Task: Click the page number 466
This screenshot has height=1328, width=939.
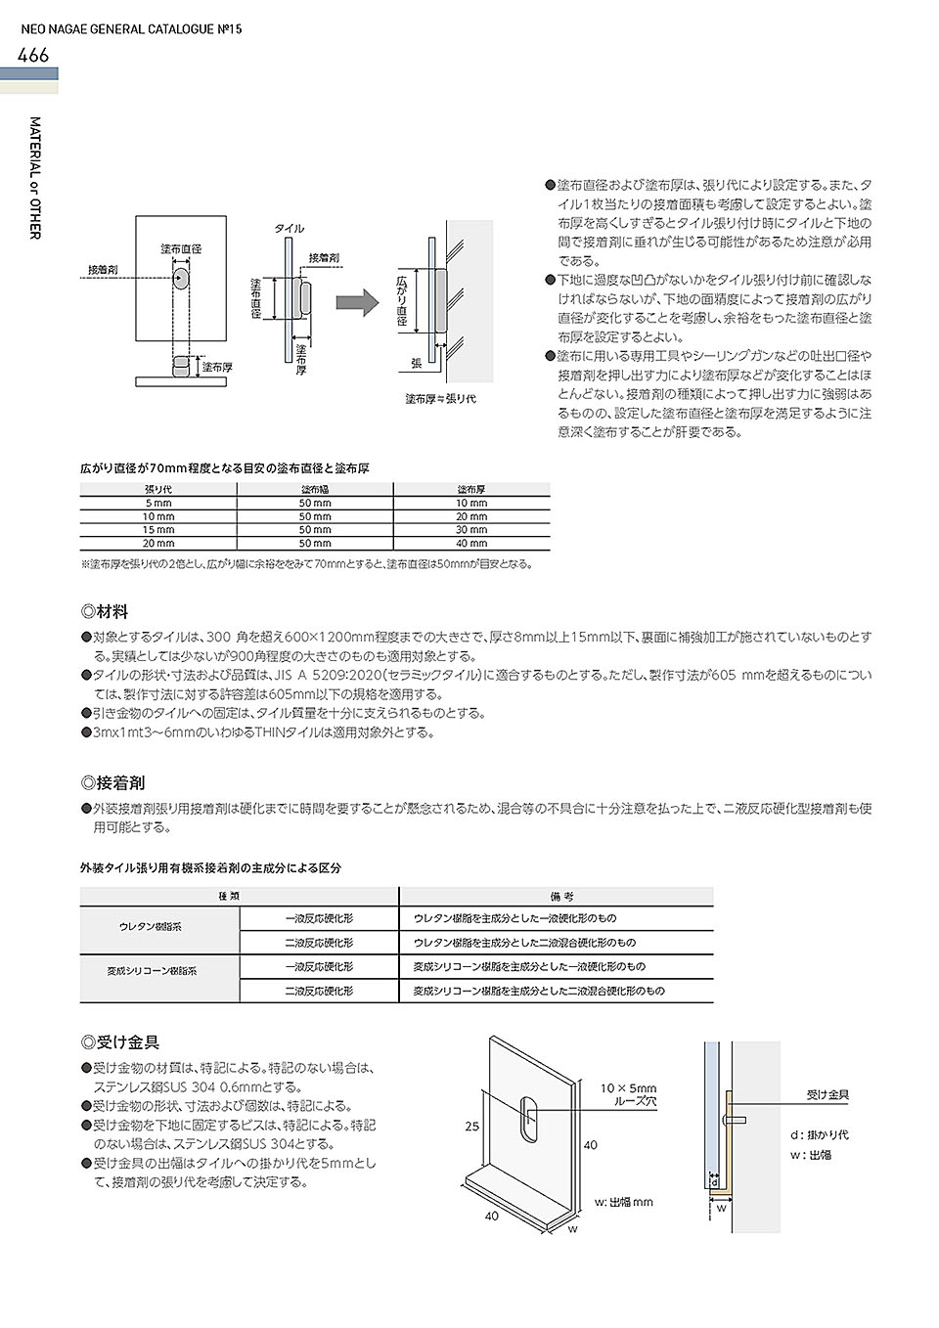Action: coord(33,56)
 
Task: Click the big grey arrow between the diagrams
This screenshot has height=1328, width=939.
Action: coord(357,302)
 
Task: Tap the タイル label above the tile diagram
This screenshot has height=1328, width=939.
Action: coord(289,228)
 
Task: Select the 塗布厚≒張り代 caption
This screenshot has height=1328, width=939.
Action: coord(440,399)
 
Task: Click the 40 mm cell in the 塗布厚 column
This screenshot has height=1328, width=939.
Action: coord(471,543)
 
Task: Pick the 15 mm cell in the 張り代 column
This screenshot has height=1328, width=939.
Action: coord(158,530)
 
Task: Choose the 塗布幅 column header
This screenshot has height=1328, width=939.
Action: coord(315,489)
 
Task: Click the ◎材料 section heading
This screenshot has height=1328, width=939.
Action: coord(105,612)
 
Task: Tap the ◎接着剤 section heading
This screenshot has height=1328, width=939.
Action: coord(112,782)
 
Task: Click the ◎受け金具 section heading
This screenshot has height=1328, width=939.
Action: coord(120,1042)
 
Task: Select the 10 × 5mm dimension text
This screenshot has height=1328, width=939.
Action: coord(628,1088)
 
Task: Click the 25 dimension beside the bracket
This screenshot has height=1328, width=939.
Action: coord(472,1128)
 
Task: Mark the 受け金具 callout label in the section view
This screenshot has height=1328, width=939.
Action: coord(827,1095)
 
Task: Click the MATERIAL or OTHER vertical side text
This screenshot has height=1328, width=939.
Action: coord(35,179)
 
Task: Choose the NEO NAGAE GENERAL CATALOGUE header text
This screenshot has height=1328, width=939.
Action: coord(132,29)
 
